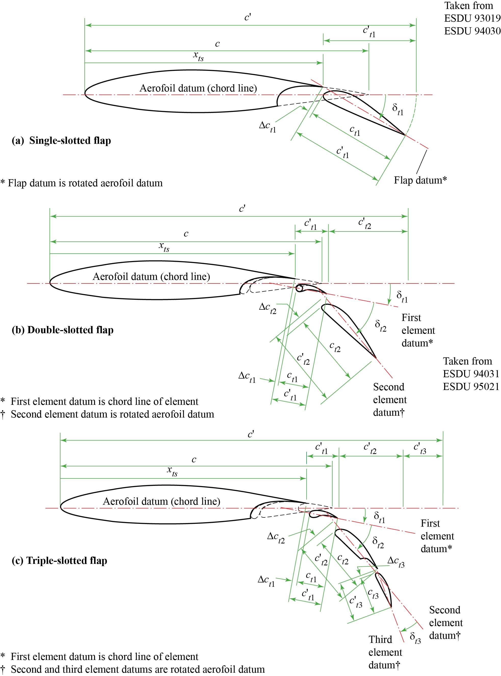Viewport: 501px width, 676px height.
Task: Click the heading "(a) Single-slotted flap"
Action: pyautogui.click(x=61, y=141)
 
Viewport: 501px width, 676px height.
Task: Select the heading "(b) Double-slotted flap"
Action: pyautogui.click(x=62, y=330)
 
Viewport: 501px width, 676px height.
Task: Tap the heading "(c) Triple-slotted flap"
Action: pyautogui.click(x=59, y=561)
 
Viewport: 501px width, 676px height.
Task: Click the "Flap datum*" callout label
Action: pyautogui.click(x=420, y=180)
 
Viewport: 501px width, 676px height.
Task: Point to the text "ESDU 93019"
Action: pyautogui.click(x=472, y=19)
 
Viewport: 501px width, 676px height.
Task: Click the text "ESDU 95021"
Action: pyautogui.click(x=471, y=386)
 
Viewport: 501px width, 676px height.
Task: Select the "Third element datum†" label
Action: pyautogui.click(x=385, y=652)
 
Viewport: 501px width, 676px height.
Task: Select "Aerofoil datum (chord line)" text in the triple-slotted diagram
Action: pyautogui.click(x=161, y=501)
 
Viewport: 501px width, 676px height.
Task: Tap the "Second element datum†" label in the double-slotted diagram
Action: pyautogui.click(x=390, y=400)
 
